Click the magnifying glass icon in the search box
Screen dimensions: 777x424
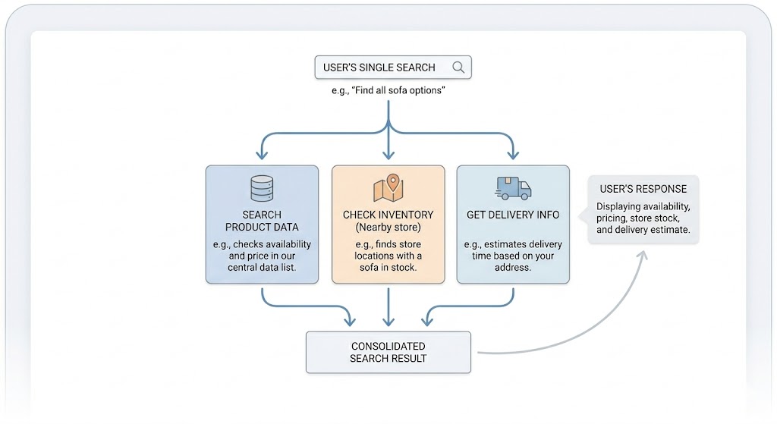[x=458, y=68]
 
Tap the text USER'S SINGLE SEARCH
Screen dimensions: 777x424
[x=379, y=68]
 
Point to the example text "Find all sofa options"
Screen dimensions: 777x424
[x=392, y=90]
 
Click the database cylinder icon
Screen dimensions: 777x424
[x=262, y=188]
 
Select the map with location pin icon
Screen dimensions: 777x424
[x=388, y=188]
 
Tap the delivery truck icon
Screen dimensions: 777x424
[x=513, y=188]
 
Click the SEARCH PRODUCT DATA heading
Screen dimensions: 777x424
[x=262, y=221]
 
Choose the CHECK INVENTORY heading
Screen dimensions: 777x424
[x=388, y=215]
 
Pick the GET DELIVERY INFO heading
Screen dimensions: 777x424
[x=513, y=215]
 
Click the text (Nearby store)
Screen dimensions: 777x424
[x=388, y=228]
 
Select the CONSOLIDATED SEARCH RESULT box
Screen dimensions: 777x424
[x=388, y=352]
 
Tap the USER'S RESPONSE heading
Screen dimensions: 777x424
[x=643, y=189]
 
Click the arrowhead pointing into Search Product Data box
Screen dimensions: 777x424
[x=262, y=154]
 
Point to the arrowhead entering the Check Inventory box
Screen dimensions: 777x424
[x=388, y=154]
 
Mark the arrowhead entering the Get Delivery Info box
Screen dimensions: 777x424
[x=514, y=154]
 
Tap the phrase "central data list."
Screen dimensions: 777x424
[x=262, y=268]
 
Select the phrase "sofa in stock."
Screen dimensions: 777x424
[x=388, y=268]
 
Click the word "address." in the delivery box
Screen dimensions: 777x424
[x=513, y=268]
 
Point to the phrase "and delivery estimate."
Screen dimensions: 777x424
[x=643, y=230]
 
